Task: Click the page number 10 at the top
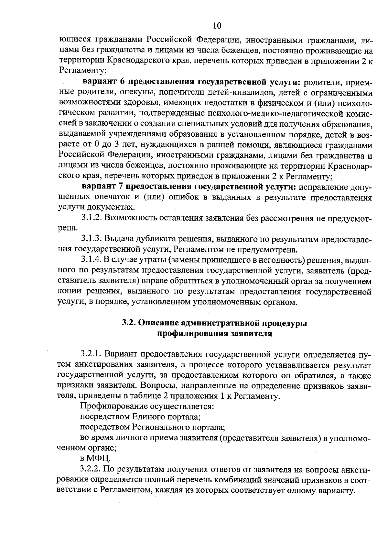pyautogui.click(x=217, y=26)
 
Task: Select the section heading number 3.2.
pyautogui.click(x=129, y=323)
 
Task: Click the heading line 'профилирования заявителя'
pyautogui.click(x=214, y=334)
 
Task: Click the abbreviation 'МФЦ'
pyautogui.click(x=98, y=459)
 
